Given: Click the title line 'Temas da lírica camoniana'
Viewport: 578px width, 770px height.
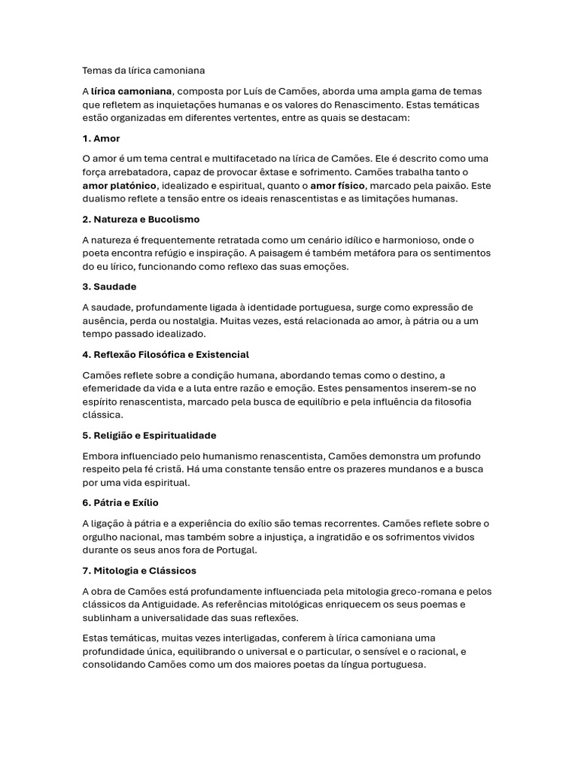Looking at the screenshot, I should [x=143, y=71].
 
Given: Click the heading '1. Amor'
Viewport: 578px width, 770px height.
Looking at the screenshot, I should [x=101, y=138].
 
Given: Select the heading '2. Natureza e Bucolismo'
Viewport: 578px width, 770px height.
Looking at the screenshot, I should [x=141, y=219].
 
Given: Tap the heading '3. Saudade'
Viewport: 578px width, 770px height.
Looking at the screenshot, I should [x=109, y=286].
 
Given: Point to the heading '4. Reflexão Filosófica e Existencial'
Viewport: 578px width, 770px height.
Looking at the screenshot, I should [x=166, y=354].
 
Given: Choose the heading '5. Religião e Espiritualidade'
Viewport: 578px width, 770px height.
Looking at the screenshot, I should [x=149, y=435].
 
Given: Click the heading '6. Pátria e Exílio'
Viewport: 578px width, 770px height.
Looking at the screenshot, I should [x=120, y=502].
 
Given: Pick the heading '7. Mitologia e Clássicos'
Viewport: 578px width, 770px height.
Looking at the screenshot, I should [x=139, y=570].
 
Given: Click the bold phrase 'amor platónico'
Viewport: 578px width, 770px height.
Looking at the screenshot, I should [x=119, y=185].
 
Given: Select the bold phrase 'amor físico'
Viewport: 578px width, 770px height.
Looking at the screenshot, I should [x=338, y=185].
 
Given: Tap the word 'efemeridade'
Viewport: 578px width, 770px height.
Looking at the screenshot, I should [x=114, y=388].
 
